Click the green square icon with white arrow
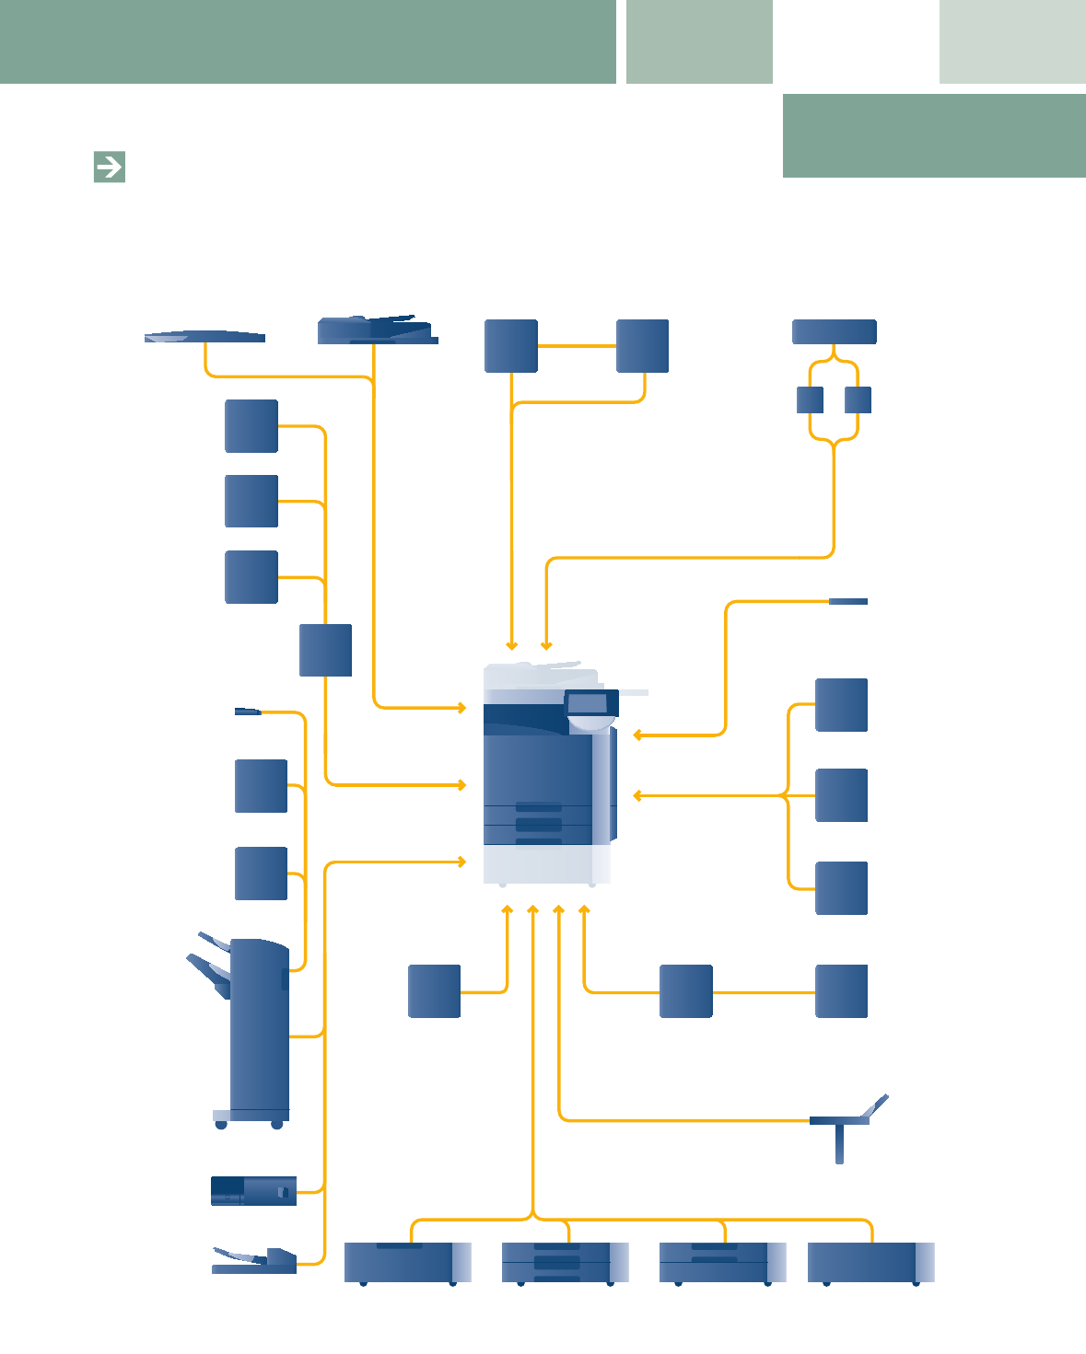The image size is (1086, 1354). tap(110, 167)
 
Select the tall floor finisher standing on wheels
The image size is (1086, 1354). tap(260, 1026)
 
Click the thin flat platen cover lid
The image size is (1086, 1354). tap(205, 337)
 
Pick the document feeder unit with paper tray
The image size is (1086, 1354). tap(377, 330)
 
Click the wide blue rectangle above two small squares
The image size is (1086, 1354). tap(835, 331)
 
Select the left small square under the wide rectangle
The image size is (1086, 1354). tap(810, 400)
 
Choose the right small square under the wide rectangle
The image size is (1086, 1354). tap(858, 400)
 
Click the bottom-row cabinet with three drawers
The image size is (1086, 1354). tap(564, 1262)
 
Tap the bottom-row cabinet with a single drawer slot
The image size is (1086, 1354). tap(406, 1262)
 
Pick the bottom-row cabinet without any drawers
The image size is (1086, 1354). tap(870, 1262)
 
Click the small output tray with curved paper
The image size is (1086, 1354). tap(254, 1261)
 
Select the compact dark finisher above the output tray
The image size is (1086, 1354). tap(253, 1191)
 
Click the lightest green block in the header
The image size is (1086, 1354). tap(1012, 41)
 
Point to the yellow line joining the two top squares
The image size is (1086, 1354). tap(577, 346)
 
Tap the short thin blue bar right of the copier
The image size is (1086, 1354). tap(848, 601)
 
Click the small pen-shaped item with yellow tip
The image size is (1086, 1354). tap(248, 712)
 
